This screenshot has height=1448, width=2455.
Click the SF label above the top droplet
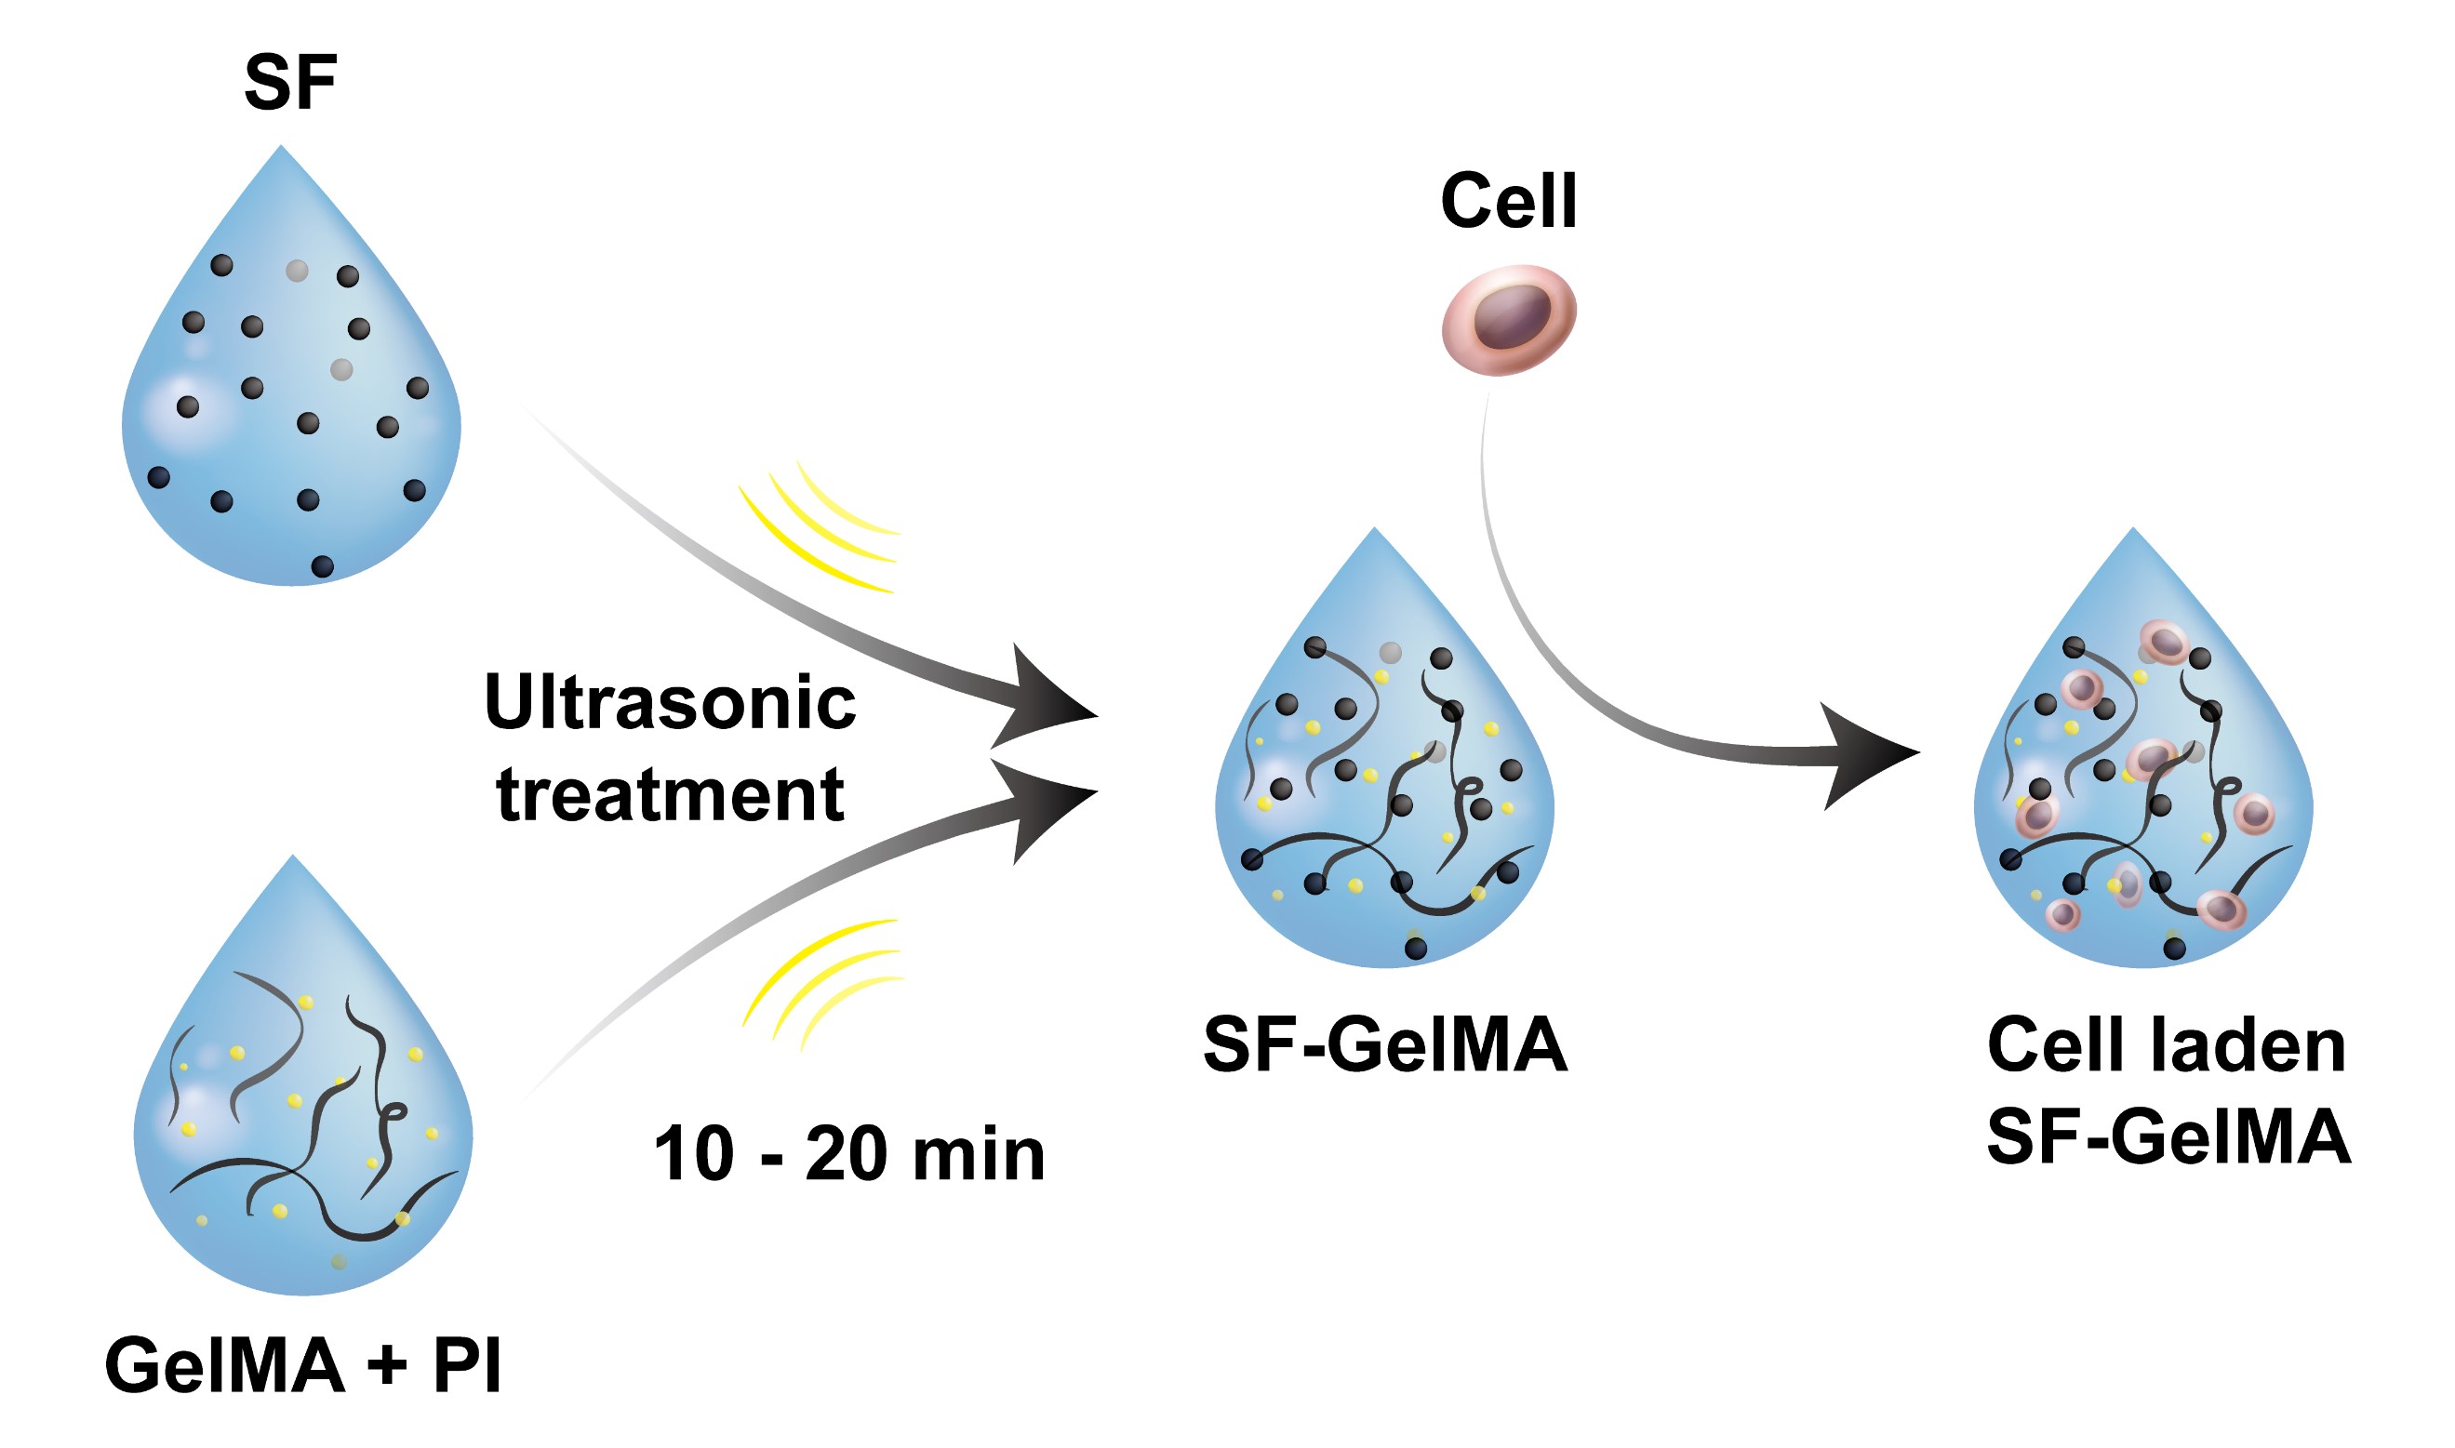pos(290,84)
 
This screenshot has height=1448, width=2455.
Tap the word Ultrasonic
pos(670,702)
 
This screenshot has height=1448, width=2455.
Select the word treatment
pos(670,794)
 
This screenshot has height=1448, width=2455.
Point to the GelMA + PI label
pos(302,1366)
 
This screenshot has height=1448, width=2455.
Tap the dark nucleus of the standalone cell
pos(1512,315)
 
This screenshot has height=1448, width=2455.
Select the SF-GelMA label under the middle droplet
pos(1385,1045)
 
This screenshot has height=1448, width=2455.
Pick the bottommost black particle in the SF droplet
pos(322,567)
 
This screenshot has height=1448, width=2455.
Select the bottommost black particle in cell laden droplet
pos(2175,949)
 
